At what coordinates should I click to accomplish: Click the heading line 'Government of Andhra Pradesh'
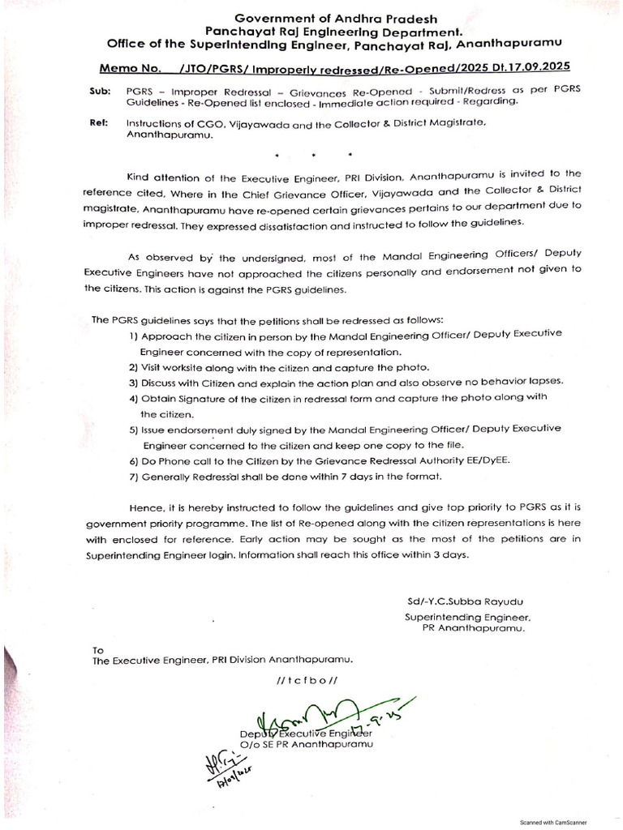pyautogui.click(x=335, y=18)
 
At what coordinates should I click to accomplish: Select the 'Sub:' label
pyautogui.click(x=100, y=92)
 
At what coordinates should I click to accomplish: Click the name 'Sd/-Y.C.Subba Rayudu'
pyautogui.click(x=466, y=601)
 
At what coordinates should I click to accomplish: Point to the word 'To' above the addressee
pyautogui.click(x=98, y=649)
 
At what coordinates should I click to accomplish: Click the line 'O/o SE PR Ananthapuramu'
pyautogui.click(x=305, y=743)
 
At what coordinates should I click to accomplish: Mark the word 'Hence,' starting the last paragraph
pyautogui.click(x=144, y=507)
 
